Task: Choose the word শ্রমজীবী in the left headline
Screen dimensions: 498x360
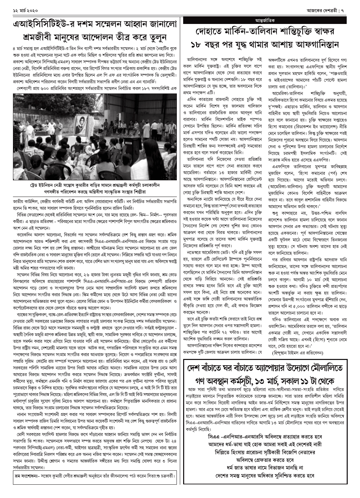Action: (36, 37)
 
